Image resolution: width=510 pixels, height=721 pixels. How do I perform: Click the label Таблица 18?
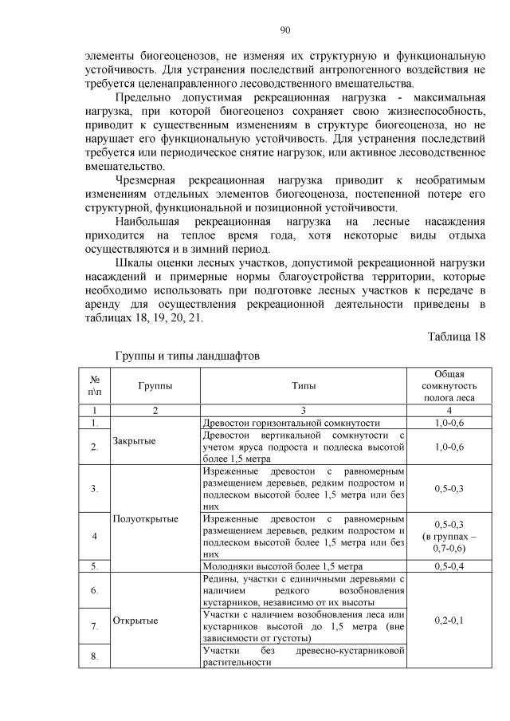coord(456,336)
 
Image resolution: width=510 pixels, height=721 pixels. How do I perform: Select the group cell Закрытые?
coord(134,440)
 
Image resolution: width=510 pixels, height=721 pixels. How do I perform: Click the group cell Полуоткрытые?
coord(145,518)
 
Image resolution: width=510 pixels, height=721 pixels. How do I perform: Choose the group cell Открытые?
coord(135,620)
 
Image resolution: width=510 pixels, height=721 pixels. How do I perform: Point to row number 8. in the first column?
coord(95,656)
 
